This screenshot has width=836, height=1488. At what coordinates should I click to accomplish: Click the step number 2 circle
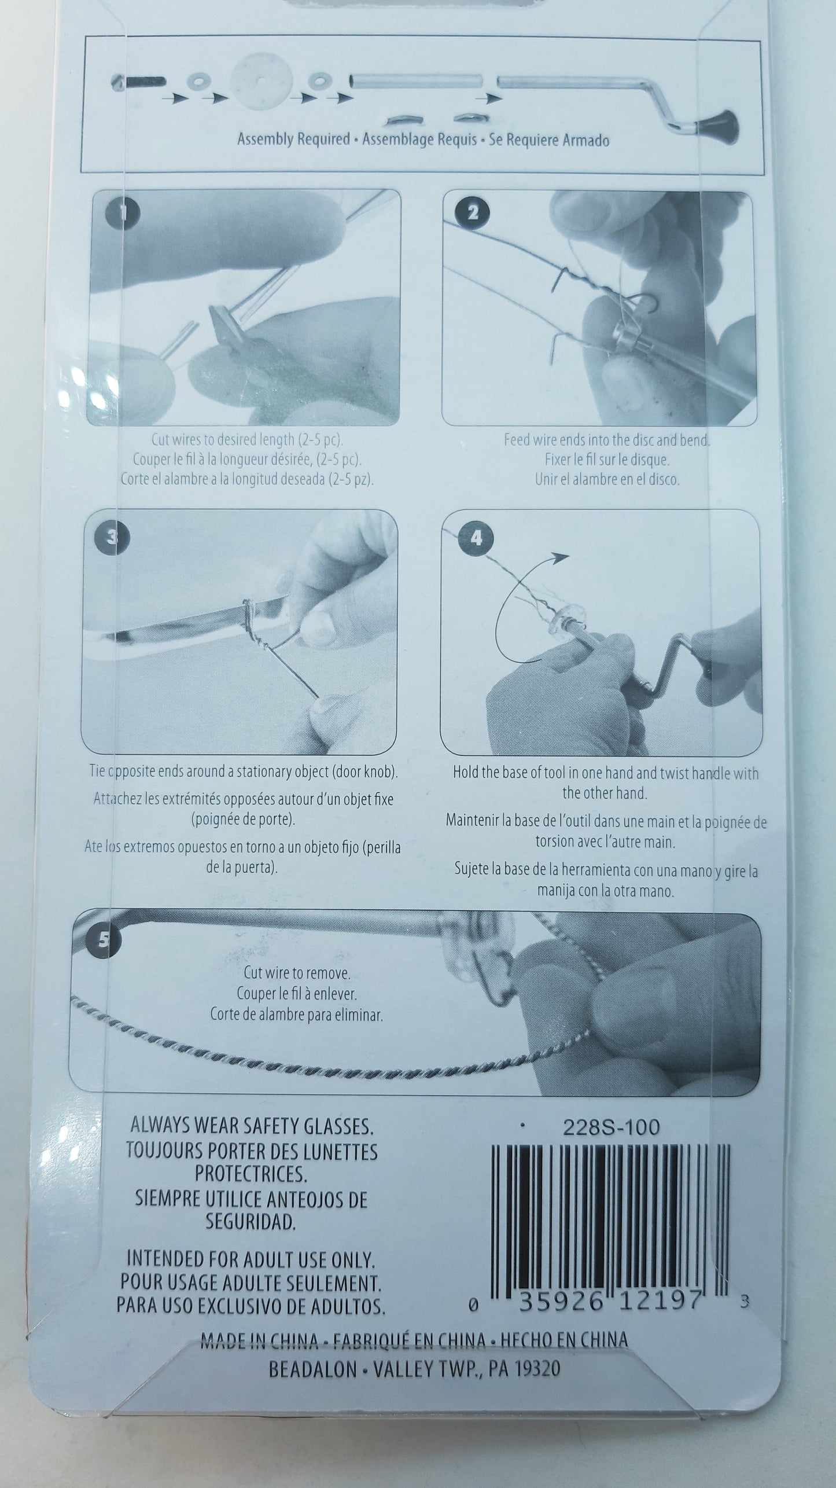pyautogui.click(x=473, y=213)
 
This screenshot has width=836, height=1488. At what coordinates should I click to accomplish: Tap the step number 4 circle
pyautogui.click(x=476, y=538)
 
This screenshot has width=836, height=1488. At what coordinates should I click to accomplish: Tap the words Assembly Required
pyautogui.click(x=294, y=139)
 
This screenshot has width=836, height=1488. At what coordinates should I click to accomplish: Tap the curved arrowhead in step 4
pyautogui.click(x=559, y=557)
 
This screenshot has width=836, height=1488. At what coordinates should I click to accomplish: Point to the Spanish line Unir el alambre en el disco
pyautogui.click(x=607, y=480)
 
